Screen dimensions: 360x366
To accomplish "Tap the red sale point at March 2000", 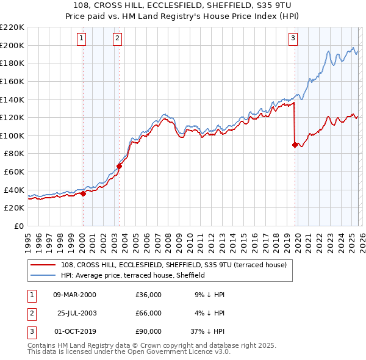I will click(84, 193).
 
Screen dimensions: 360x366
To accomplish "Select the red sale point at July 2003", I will click(120, 166).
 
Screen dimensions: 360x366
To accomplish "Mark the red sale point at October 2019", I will click(295, 145).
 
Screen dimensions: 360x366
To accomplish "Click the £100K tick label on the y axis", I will click(12, 135).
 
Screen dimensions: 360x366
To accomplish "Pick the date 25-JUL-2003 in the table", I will click(76, 313).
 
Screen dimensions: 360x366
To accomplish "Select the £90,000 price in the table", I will click(149, 332).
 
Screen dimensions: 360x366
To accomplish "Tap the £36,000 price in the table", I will click(149, 295).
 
